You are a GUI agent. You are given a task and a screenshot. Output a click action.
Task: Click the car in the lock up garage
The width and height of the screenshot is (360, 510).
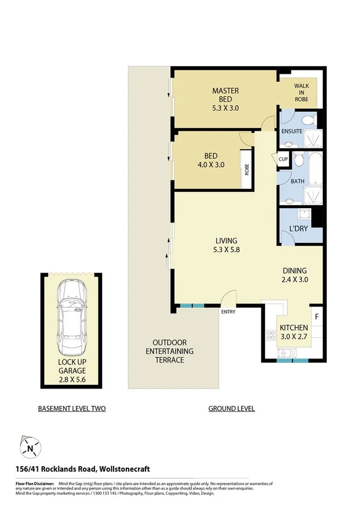click(72, 318)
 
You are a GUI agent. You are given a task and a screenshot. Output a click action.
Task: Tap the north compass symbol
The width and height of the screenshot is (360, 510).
click(29, 447)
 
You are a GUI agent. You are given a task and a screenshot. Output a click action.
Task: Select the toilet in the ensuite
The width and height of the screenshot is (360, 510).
click(308, 121)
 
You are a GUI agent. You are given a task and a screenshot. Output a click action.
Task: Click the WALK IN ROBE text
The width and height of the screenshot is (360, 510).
click(301, 93)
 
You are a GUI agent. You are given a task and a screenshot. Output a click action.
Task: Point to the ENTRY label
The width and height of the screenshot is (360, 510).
click(228, 312)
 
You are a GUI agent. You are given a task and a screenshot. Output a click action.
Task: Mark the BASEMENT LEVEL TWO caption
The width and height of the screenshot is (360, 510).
click(72, 408)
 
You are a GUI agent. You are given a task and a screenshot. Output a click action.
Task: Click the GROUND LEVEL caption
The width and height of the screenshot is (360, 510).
click(231, 408)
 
